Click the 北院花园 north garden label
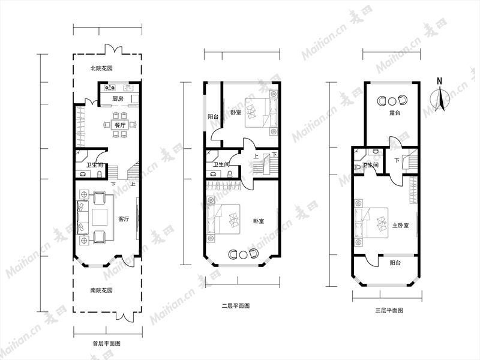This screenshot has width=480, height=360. click(101, 68)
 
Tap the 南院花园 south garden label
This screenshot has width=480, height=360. click(101, 290)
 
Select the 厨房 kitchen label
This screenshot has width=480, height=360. click(118, 99)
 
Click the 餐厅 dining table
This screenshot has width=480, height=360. click(119, 125)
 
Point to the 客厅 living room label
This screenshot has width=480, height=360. click(124, 219)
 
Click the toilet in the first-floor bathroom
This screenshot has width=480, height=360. click(100, 174)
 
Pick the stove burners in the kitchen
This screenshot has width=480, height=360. click(110, 88)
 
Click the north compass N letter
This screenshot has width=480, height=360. click(440, 81)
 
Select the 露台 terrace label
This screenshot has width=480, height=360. click(395, 113)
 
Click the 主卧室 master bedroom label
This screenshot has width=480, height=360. click(400, 226)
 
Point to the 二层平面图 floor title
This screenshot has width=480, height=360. click(236, 305)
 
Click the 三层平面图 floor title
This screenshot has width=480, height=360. click(389, 310)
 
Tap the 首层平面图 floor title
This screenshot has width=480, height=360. click(107, 343)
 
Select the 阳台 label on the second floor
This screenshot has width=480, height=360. click(213, 116)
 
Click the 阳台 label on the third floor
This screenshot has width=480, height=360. click(395, 263)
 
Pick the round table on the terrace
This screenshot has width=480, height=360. click(392, 101)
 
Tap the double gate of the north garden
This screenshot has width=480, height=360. click(114, 49)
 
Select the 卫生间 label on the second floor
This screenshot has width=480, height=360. click(221, 164)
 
